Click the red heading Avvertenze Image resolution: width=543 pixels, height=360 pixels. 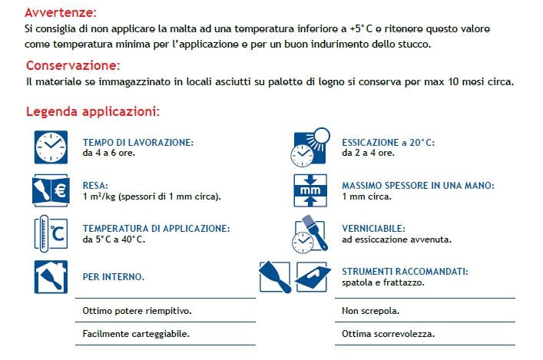(x=61, y=13)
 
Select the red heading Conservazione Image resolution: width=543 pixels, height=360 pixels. (x=73, y=65)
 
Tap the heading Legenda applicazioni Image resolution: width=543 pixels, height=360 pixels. (x=92, y=111)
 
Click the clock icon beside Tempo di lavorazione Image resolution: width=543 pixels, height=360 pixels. (x=51, y=147)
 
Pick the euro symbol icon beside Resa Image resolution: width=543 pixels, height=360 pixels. (x=51, y=190)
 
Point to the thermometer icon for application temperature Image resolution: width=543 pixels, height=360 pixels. (x=51, y=233)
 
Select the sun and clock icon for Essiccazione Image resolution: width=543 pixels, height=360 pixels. (x=310, y=147)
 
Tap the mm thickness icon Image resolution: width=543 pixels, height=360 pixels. (x=310, y=190)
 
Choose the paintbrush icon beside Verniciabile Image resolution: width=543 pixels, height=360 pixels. (x=310, y=233)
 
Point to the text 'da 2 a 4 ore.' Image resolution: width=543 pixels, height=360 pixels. (x=369, y=153)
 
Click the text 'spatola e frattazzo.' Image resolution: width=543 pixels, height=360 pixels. (x=383, y=282)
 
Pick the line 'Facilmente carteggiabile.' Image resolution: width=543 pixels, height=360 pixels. (x=135, y=334)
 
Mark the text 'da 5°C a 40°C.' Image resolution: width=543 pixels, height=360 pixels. (x=114, y=239)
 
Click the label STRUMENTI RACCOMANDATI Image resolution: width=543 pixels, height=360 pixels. (x=405, y=272)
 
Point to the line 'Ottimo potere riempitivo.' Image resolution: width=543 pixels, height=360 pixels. (x=137, y=311)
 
